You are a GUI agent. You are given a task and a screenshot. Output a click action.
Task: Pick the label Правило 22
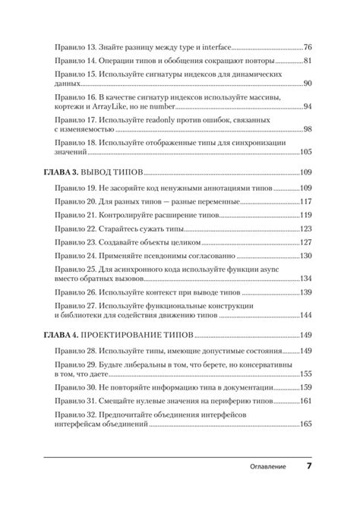coord(75,229)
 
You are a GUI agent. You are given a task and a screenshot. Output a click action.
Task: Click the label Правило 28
coord(75,351)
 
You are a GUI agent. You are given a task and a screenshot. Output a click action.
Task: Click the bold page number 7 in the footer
coord(310,465)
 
